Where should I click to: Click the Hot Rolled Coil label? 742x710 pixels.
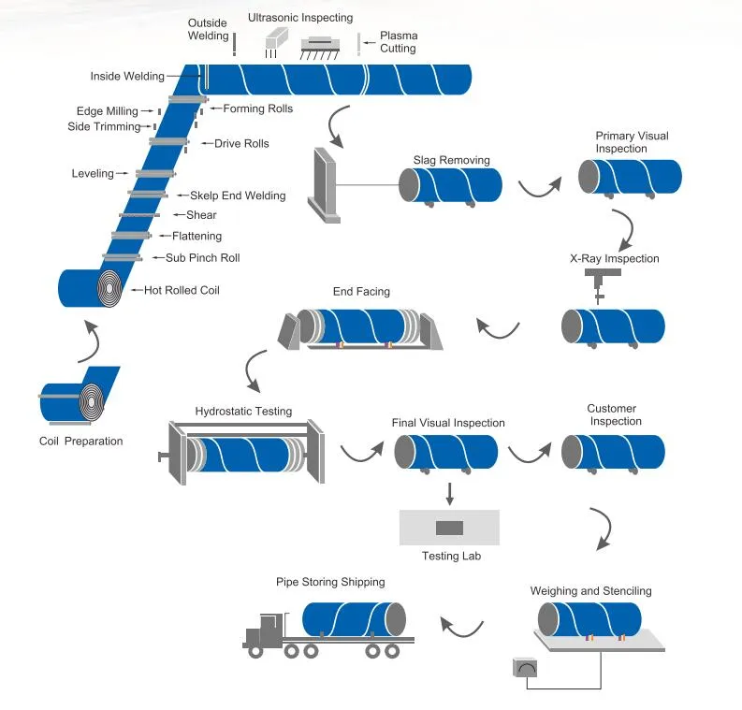182,290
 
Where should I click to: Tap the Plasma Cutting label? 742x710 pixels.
398,42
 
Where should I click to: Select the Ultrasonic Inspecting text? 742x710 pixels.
300,18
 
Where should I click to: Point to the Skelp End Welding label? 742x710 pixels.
237,196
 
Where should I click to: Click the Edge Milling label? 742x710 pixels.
107,111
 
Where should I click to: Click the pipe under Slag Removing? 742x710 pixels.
458,183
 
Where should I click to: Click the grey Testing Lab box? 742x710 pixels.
449,528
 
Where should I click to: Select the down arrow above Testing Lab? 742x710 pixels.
450,492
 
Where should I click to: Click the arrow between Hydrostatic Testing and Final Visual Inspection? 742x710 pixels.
360,453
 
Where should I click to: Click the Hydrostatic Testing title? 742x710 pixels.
243,411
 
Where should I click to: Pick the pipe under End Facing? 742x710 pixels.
361,326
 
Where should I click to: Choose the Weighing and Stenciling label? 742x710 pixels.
590,590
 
